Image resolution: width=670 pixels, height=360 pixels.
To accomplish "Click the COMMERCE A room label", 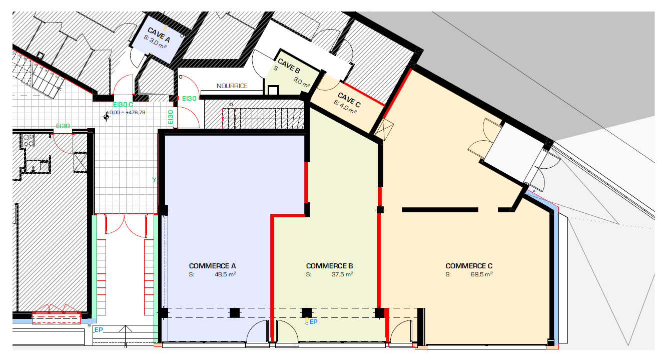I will click(x=212, y=266).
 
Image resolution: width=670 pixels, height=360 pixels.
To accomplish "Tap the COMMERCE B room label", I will click(x=330, y=266).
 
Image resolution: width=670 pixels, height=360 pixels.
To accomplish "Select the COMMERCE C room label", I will click(x=469, y=266).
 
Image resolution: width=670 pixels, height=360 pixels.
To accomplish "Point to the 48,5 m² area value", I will click(x=225, y=274).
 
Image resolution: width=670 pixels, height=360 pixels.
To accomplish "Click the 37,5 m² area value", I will click(x=343, y=274).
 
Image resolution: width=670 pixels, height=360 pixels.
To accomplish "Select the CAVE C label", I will click(x=349, y=100).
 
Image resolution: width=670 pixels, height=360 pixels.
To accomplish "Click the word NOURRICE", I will click(x=232, y=86).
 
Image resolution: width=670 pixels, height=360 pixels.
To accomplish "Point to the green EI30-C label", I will click(x=123, y=105).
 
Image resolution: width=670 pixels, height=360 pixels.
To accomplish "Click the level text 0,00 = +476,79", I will click(x=128, y=113).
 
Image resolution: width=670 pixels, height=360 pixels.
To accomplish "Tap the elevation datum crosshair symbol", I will click(x=106, y=117).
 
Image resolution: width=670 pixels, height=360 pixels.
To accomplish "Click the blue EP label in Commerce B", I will click(x=314, y=322).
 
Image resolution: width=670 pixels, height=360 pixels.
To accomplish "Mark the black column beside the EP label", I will click(x=306, y=313).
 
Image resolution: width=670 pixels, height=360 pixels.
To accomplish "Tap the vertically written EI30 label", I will click(x=171, y=117).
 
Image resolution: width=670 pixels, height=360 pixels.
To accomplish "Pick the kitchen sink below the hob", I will click(x=38, y=164).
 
